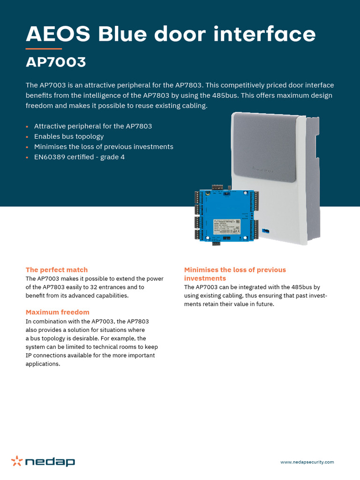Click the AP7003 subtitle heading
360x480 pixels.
click(56, 62)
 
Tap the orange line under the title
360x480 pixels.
click(44, 48)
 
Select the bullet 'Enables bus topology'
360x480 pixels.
click(69, 136)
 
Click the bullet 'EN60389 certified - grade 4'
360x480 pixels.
click(79, 157)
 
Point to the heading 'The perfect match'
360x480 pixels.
click(57, 270)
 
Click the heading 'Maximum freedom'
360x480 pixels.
click(57, 312)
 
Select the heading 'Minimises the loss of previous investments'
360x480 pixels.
click(235, 274)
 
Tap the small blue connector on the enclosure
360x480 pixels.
click(266, 231)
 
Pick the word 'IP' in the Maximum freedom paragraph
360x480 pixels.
click(29, 355)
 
